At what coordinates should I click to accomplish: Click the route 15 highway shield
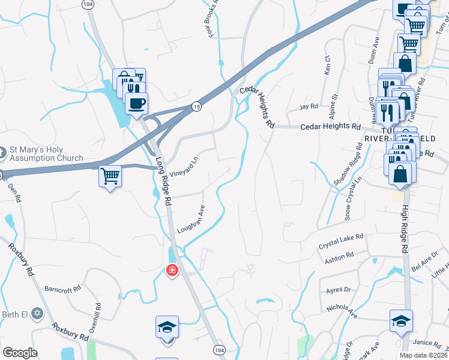[196, 106]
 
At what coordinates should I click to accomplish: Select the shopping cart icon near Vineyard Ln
[110, 176]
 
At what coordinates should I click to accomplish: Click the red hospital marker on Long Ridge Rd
[172, 271]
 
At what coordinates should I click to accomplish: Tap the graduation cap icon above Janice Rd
[400, 321]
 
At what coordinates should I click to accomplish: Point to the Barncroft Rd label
[62, 289]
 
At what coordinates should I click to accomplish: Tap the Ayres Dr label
[338, 290]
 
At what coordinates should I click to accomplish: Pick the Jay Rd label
[309, 106]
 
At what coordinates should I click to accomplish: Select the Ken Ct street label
[327, 65]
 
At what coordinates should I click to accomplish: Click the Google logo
[20, 353]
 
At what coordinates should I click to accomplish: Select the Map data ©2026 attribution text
[423, 355]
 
